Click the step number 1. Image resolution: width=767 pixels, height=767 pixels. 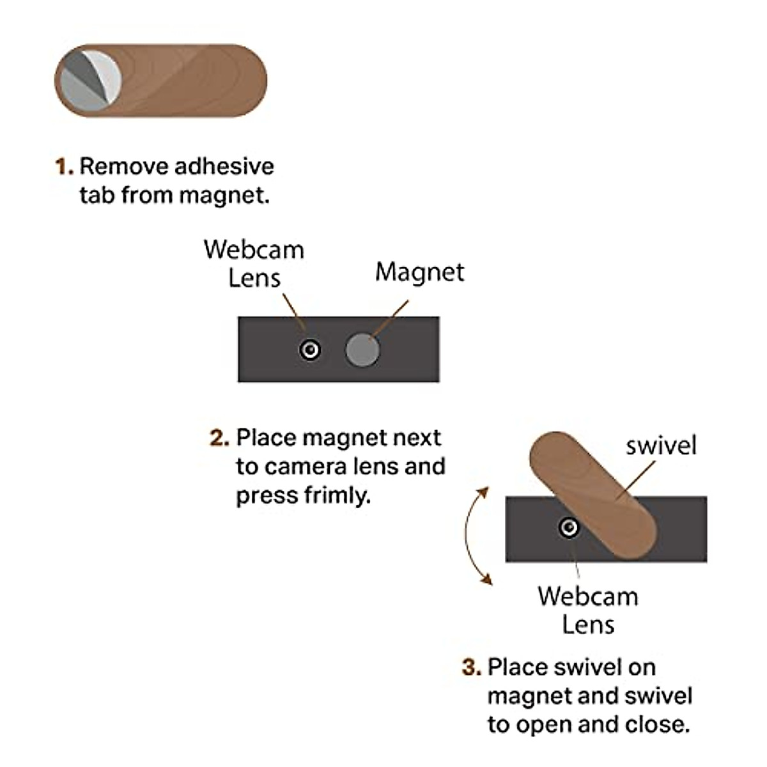(x=63, y=167)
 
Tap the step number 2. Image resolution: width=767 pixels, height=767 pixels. (x=219, y=438)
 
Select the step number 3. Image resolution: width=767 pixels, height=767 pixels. (x=471, y=667)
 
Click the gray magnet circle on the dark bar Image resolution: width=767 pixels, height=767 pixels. (x=362, y=350)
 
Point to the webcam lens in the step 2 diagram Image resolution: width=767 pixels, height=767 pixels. (x=310, y=350)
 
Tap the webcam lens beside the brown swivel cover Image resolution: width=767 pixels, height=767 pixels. (x=568, y=527)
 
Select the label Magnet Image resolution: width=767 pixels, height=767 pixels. (x=419, y=272)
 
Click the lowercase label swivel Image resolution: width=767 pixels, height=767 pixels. (x=661, y=445)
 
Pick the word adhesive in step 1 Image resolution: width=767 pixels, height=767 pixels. (x=224, y=166)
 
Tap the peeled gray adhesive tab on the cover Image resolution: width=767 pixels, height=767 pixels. (x=89, y=80)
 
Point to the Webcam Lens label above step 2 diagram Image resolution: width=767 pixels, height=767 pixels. (x=254, y=263)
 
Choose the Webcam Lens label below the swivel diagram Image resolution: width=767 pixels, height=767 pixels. (x=587, y=610)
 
